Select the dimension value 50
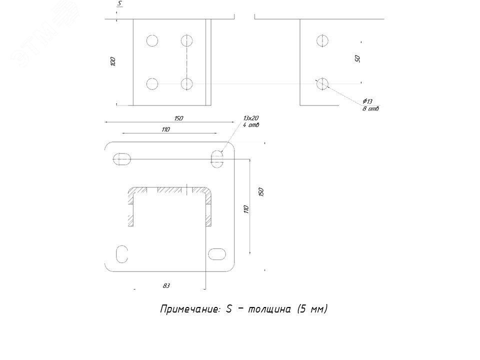[357, 58]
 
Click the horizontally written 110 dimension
[166, 129]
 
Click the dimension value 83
[166, 285]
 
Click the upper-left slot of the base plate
[122, 159]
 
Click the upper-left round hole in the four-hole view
[152, 40]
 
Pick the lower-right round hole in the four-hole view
[187, 83]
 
